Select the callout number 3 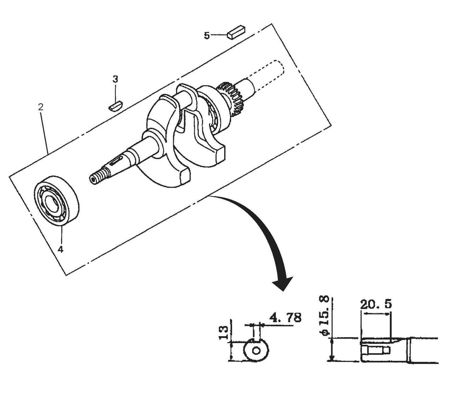pos(116,79)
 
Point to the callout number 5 pos(207,36)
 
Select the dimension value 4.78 pos(285,318)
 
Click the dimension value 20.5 pos(376,304)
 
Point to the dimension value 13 pos(223,332)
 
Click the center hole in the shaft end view pos(257,351)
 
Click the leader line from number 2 pos(44,132)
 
